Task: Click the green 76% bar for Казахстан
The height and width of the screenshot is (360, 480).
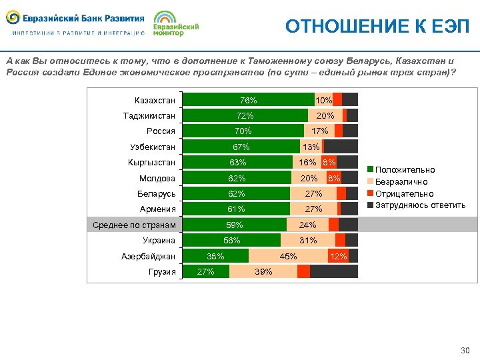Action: [248, 100]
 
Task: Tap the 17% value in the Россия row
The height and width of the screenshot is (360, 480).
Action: [319, 131]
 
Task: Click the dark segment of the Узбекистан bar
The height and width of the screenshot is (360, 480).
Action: [341, 147]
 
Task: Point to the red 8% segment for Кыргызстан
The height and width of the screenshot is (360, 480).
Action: [329, 162]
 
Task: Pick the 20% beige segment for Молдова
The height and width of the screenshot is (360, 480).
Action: [309, 178]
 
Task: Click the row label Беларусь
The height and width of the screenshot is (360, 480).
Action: [157, 194]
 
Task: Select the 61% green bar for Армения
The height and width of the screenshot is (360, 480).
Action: [236, 209]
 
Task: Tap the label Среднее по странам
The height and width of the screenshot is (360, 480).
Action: [133, 225]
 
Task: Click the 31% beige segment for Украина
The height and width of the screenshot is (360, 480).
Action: [308, 241]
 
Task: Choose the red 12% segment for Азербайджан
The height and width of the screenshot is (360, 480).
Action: [338, 256]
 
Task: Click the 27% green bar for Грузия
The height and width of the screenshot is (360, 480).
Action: [206, 271]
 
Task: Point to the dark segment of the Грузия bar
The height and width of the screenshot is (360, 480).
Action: [334, 271]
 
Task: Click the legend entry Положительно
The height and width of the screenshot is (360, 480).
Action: [405, 171]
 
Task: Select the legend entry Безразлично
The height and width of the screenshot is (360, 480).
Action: [401, 182]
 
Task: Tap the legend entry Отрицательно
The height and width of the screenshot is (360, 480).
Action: [404, 193]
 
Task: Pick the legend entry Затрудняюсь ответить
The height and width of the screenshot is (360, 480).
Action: [420, 205]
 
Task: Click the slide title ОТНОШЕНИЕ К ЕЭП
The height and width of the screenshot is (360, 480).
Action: [377, 26]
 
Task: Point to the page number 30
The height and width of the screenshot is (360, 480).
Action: [465, 351]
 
